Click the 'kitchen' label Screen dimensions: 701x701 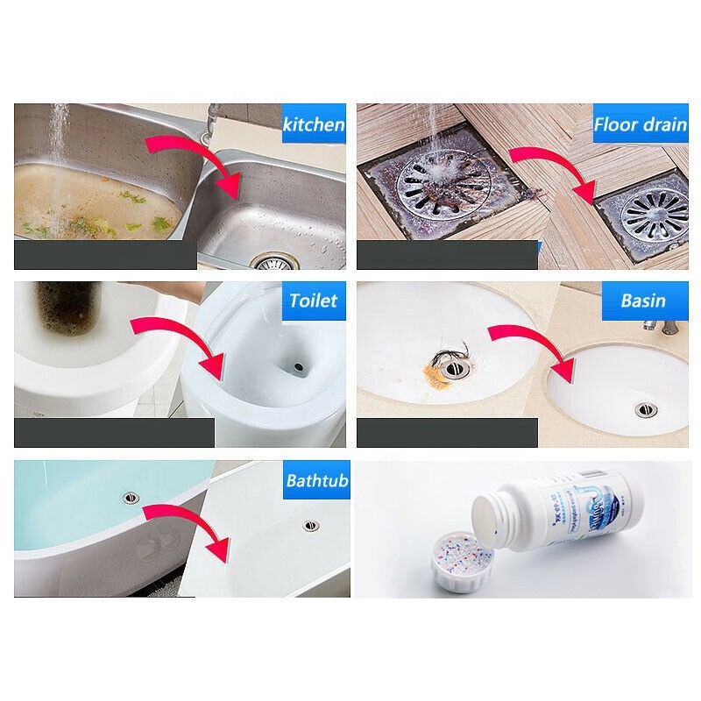point(314,124)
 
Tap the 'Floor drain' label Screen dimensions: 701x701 point(640,124)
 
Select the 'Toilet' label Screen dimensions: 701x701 point(314,301)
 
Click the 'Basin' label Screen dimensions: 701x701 point(643,301)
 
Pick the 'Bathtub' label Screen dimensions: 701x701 point(316,480)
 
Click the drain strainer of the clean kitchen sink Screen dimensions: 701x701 point(272,261)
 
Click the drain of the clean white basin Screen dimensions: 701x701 point(644,408)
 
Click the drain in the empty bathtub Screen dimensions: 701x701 point(311,525)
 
